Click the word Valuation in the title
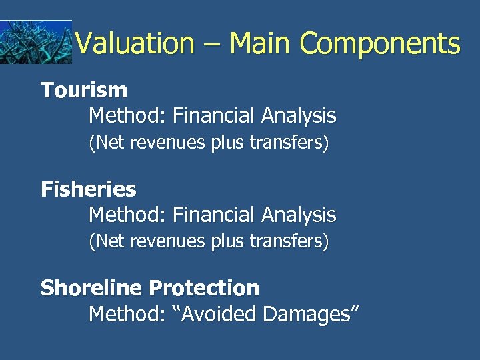click(134, 44)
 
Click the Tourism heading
click(84, 90)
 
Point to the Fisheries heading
click(89, 189)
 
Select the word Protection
click(204, 288)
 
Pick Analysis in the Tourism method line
click(299, 116)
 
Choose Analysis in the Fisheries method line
click(299, 215)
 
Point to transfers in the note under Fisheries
click(293, 241)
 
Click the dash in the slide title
click(211, 44)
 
